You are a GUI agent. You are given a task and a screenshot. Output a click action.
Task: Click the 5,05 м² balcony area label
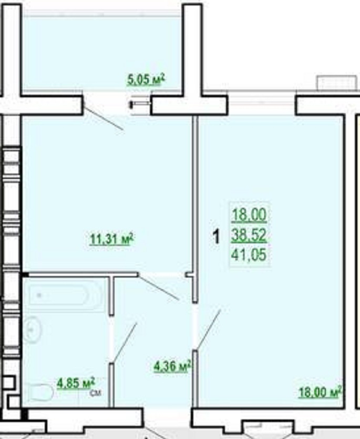146,80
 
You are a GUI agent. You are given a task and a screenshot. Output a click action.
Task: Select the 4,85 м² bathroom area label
76,383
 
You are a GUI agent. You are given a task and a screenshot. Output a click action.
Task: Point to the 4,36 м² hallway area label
172,366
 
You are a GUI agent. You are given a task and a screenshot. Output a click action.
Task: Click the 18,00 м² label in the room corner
320,392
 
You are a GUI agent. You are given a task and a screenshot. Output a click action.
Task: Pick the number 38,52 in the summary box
249,235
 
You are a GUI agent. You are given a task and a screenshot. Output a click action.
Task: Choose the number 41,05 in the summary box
249,255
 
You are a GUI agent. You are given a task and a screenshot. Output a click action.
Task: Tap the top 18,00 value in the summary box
249,215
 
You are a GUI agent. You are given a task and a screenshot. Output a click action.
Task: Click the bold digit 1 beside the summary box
216,237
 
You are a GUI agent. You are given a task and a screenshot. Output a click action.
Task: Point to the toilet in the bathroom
39,391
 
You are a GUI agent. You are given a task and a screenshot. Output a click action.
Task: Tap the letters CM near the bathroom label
96,393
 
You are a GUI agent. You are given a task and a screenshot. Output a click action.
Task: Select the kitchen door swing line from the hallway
158,288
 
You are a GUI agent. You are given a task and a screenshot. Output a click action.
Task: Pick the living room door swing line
208,330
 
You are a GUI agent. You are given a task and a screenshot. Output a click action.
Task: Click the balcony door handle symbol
140,105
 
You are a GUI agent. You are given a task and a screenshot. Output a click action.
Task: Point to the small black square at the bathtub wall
25,274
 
